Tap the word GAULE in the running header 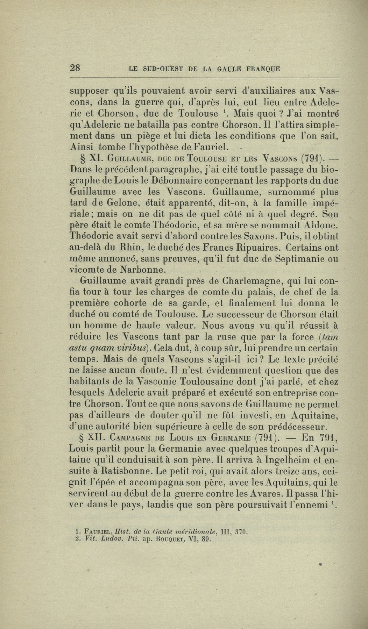233,69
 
